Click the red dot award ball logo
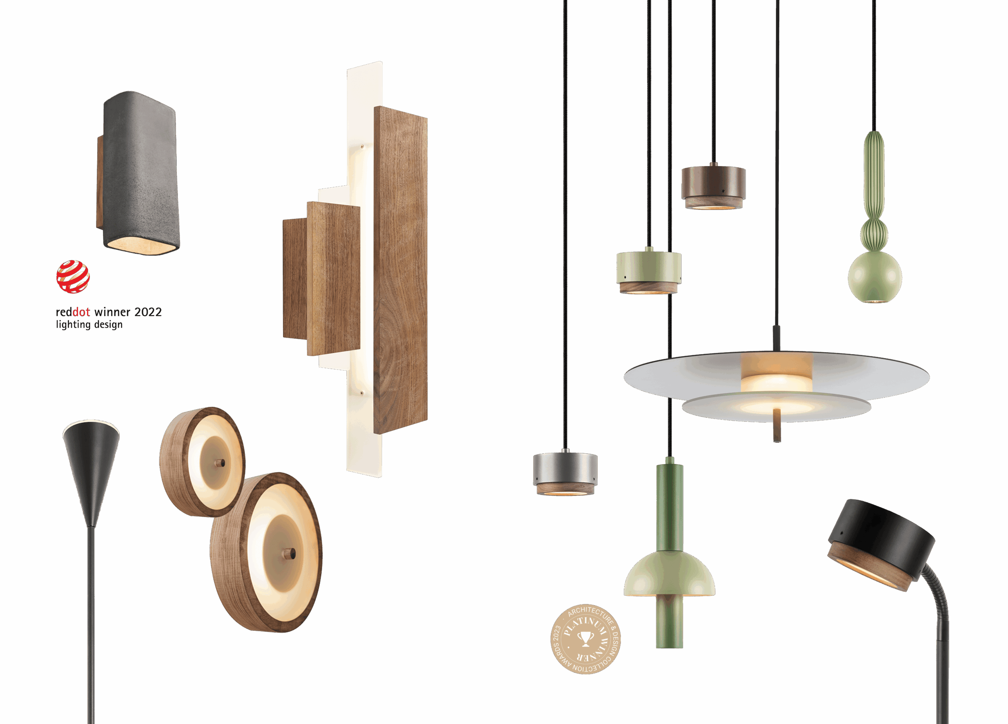[73, 276]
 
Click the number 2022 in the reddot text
[148, 312]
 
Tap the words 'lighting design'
[89, 325]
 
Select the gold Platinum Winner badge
[586, 639]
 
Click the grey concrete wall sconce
[139, 173]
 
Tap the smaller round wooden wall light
[202, 462]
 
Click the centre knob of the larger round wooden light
[290, 554]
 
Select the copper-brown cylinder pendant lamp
[713, 187]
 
